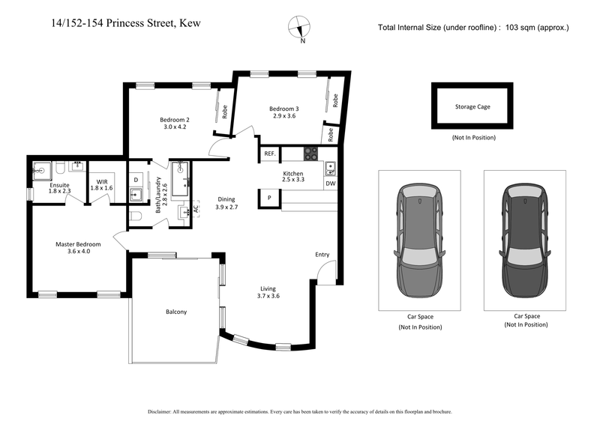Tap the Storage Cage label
click(472, 107)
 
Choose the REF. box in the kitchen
click(269, 154)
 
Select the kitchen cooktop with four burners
click(311, 154)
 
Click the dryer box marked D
click(136, 180)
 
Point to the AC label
click(196, 209)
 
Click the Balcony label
click(175, 312)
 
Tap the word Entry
click(322, 255)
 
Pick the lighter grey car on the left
click(418, 240)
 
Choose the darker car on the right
click(525, 240)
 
